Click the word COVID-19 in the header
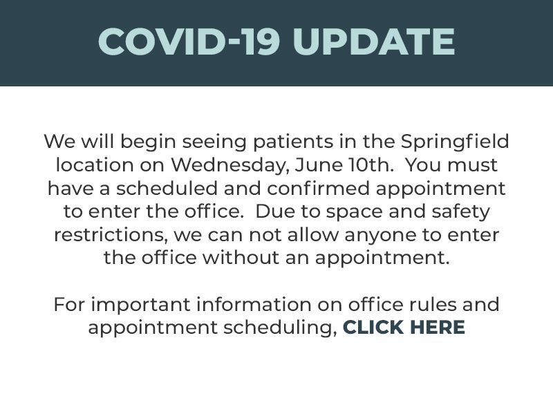pos(189,41)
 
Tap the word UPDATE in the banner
pos(374,41)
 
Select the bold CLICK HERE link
pos(404,328)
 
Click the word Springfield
pos(455,142)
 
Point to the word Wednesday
pos(230,165)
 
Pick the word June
pos(319,164)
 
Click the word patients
pos(293,142)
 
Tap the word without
pos(241,257)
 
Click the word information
pos(254,304)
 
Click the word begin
pos(148,142)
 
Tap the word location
pos(95,165)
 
